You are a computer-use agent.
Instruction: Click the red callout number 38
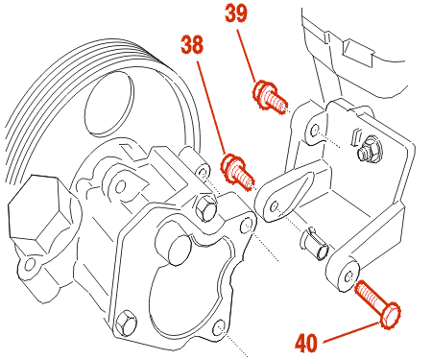(x=192, y=44)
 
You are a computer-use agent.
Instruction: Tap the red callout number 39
(x=236, y=13)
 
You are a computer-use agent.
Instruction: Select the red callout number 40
(x=306, y=343)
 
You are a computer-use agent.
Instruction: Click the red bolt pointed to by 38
(x=237, y=172)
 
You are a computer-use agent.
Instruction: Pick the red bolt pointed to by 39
(x=270, y=96)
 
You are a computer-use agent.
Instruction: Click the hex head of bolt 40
(x=391, y=316)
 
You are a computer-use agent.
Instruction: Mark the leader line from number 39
(x=247, y=56)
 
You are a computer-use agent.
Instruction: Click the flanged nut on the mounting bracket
(x=369, y=147)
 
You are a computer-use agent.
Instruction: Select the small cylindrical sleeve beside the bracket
(x=315, y=244)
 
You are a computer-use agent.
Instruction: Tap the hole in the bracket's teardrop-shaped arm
(x=275, y=206)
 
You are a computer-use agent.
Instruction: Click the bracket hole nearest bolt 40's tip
(x=348, y=276)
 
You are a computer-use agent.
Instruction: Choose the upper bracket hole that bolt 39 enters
(x=315, y=131)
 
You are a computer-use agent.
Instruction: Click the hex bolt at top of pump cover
(x=205, y=208)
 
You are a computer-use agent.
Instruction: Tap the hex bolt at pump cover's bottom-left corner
(x=126, y=324)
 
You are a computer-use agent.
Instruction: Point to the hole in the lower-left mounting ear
(x=30, y=264)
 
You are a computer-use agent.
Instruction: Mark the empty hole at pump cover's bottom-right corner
(x=220, y=327)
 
